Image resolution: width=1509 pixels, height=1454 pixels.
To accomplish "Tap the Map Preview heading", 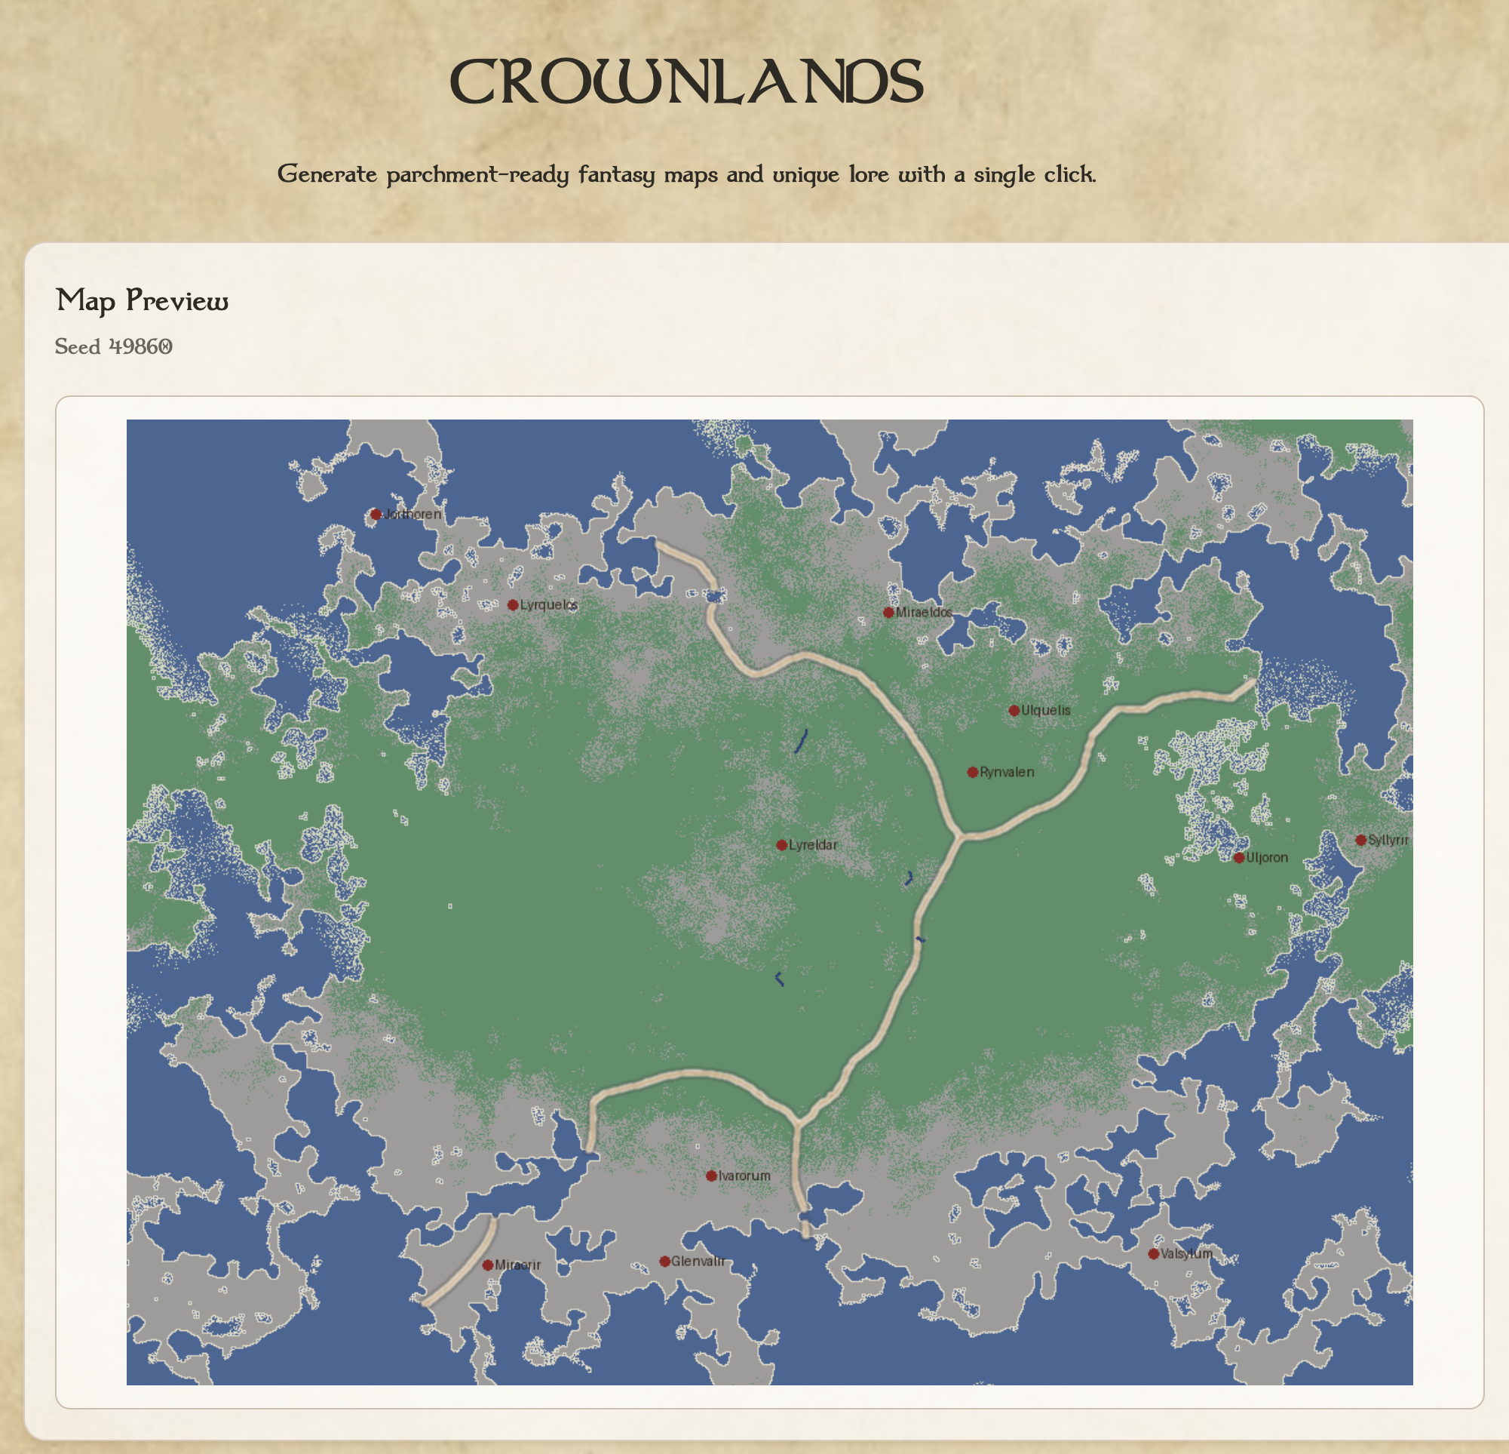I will [143, 300].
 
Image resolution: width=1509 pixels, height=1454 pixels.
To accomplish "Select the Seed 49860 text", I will [113, 347].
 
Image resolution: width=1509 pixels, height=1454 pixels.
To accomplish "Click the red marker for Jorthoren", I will [376, 515].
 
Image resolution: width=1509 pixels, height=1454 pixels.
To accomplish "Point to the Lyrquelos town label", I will [548, 605].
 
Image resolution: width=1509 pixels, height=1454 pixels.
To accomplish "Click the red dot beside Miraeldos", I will [888, 612].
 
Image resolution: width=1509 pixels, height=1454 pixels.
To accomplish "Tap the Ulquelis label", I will [1045, 710].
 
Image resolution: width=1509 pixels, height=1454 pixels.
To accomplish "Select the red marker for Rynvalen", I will [972, 772].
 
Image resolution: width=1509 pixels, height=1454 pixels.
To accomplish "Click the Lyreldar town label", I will [813, 845].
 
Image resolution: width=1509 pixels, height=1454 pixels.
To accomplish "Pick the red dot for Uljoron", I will [1239, 858].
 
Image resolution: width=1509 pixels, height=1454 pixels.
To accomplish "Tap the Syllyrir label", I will [1388, 841].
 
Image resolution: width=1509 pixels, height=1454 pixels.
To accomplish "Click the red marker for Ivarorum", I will [711, 1176].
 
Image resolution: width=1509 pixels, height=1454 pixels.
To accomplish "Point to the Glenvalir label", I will [698, 1262].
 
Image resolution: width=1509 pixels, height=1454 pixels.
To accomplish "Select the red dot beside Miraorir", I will [487, 1265].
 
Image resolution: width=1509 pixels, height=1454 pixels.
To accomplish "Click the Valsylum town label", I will [1186, 1254].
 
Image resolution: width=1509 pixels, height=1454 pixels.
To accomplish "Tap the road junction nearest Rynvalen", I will [960, 835].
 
